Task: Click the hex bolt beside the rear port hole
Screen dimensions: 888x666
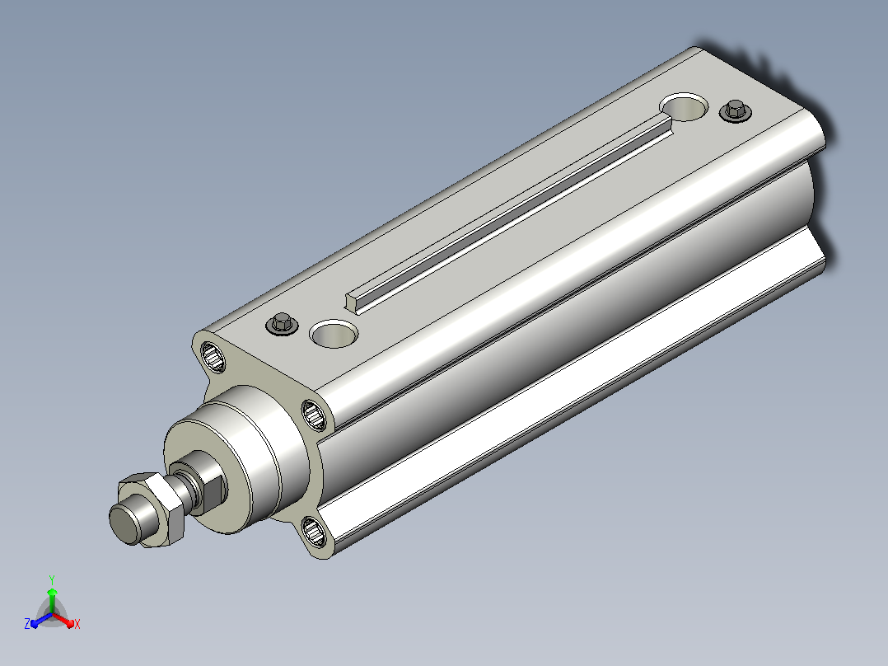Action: [x=735, y=110]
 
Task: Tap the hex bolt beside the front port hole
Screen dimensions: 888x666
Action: [x=282, y=324]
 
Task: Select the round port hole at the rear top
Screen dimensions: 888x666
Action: [x=684, y=107]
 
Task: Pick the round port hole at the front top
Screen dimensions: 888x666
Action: [x=334, y=334]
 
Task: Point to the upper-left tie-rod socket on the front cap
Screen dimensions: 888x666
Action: [x=213, y=357]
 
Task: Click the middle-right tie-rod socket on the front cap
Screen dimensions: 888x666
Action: [x=314, y=415]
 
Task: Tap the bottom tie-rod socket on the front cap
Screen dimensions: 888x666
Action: [x=314, y=532]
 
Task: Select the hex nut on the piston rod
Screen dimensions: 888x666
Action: [x=152, y=509]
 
